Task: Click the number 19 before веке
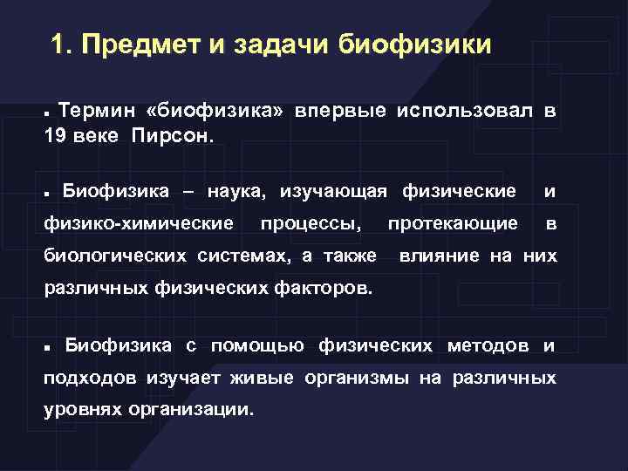(55, 137)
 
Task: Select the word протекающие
(453, 223)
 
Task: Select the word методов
(488, 345)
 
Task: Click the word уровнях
(82, 408)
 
